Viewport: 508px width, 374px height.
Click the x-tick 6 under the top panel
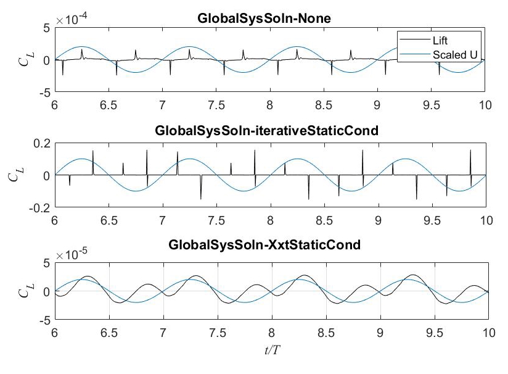pyautogui.click(x=55, y=103)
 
